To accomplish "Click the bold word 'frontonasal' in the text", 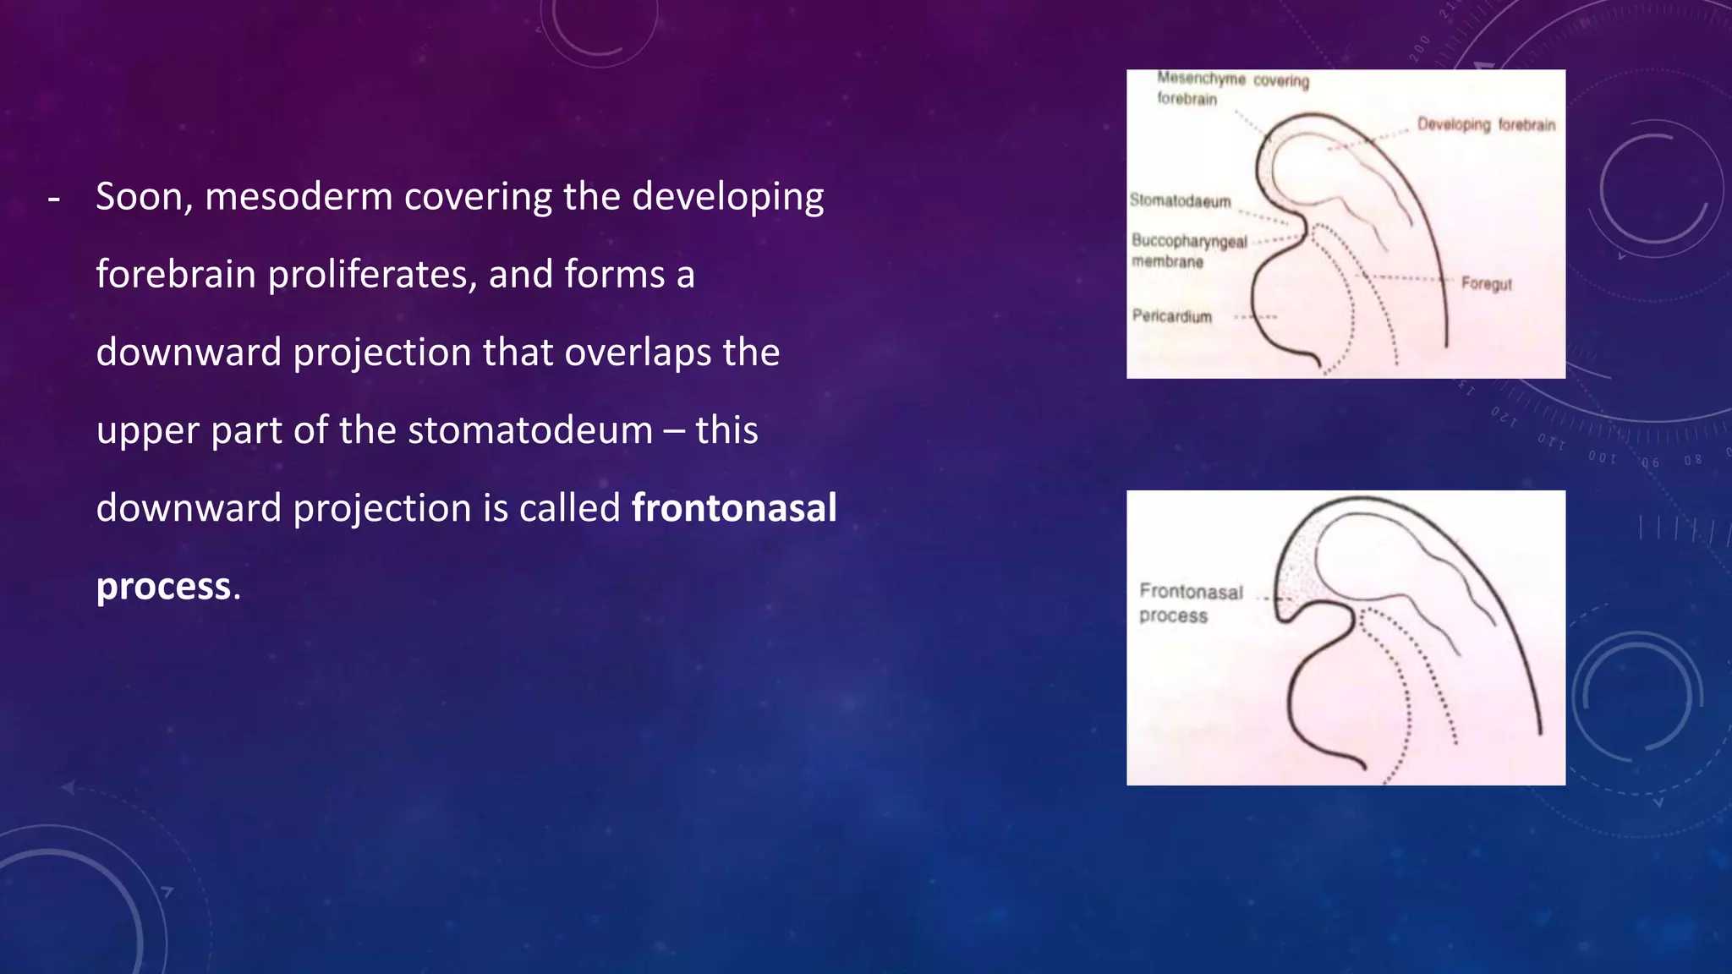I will click(x=734, y=508).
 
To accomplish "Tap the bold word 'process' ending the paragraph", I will click(x=163, y=587).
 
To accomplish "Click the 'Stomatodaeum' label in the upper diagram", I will click(x=1180, y=201).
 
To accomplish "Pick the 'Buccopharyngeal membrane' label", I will click(x=1188, y=251).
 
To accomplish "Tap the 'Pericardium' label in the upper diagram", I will click(x=1171, y=316).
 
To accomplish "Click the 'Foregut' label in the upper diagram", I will click(x=1486, y=284).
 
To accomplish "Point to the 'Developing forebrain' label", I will click(x=1486, y=125).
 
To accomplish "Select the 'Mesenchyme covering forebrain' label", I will click(x=1232, y=88).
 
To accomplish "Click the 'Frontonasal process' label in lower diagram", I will click(x=1190, y=603).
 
